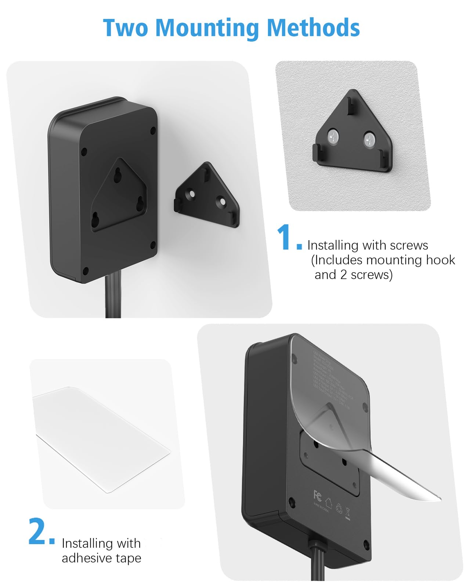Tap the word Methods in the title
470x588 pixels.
tap(313, 28)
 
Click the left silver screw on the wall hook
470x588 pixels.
tap(333, 137)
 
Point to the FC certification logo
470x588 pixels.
tap(318, 495)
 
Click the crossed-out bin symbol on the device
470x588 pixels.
tap(348, 513)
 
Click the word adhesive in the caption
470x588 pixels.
tap(87, 558)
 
